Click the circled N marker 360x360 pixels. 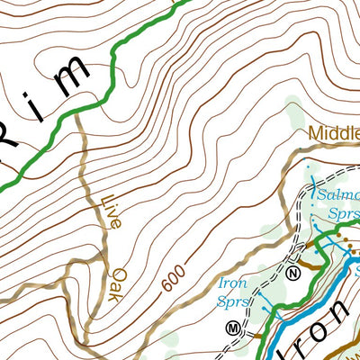click(294, 273)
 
